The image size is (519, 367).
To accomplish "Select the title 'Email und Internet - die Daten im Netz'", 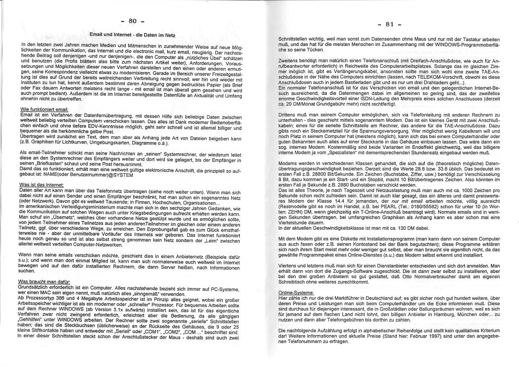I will pyautogui.click(x=132, y=34).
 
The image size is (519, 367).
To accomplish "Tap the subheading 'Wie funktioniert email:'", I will pyautogui.click(x=44, y=109).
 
